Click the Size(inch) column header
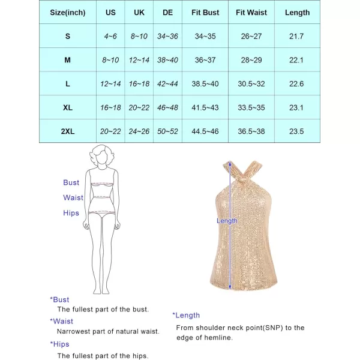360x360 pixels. (68, 13)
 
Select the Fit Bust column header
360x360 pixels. (205, 13)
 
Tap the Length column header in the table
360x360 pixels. (298, 13)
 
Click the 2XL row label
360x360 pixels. (68, 131)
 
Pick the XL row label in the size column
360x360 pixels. (68, 107)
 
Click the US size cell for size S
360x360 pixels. (110, 37)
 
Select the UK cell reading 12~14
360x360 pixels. (140, 60)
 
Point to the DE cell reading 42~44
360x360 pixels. (167, 84)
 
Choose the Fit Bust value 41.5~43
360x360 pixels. (205, 107)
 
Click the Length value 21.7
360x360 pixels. (298, 37)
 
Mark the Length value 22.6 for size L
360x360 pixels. (298, 84)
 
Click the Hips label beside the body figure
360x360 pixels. (71, 213)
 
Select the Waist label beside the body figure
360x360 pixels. (73, 197)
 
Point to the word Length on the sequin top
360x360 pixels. (227, 221)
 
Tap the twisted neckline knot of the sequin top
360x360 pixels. (231, 170)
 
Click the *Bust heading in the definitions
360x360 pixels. (59, 299)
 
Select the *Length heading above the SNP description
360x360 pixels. (186, 315)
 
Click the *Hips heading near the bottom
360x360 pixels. (59, 344)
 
